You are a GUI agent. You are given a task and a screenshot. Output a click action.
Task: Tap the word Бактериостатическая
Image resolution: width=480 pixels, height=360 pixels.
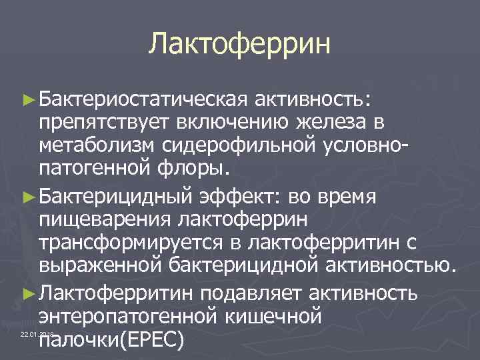(x=143, y=100)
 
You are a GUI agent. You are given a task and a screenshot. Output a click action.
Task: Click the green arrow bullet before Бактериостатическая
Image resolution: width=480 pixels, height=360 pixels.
(x=27, y=100)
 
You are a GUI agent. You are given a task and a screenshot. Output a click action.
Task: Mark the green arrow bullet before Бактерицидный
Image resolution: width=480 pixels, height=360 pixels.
(x=27, y=198)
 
